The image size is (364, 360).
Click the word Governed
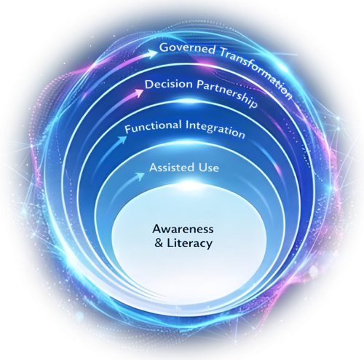pyautogui.click(x=187, y=49)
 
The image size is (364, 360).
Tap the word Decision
pyautogui.click(x=169, y=85)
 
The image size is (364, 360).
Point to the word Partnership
pyautogui.click(x=226, y=94)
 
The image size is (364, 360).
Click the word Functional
pyautogui.click(x=153, y=127)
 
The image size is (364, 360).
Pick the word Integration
pyautogui.click(x=215, y=129)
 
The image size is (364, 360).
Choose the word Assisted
pyautogui.click(x=172, y=168)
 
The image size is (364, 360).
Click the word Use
pyautogui.click(x=209, y=168)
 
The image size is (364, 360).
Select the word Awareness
pyautogui.click(x=183, y=229)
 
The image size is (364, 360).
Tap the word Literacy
pyautogui.click(x=190, y=243)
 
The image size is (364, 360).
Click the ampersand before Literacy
pyautogui.click(x=159, y=243)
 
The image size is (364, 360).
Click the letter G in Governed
pyautogui.click(x=164, y=47)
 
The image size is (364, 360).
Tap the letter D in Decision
pyautogui.click(x=149, y=85)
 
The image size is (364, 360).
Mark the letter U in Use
pyautogui.click(x=202, y=168)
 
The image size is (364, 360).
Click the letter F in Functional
pyautogui.click(x=128, y=129)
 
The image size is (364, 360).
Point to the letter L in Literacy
pyautogui.click(x=170, y=243)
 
